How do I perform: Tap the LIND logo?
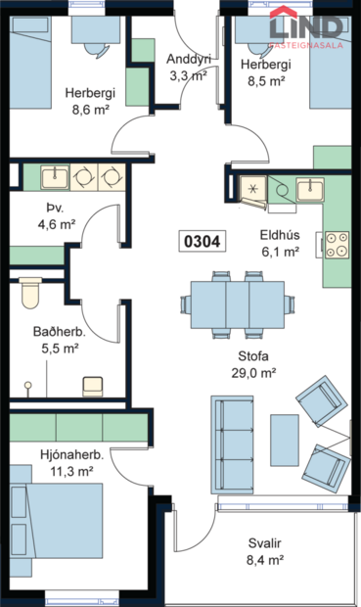(307, 30)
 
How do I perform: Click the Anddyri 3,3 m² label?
(189, 66)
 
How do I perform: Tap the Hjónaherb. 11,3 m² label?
(72, 462)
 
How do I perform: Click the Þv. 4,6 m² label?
(56, 216)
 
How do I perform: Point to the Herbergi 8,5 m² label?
(263, 73)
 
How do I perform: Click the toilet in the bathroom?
(29, 292)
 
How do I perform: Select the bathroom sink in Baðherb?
(93, 384)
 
